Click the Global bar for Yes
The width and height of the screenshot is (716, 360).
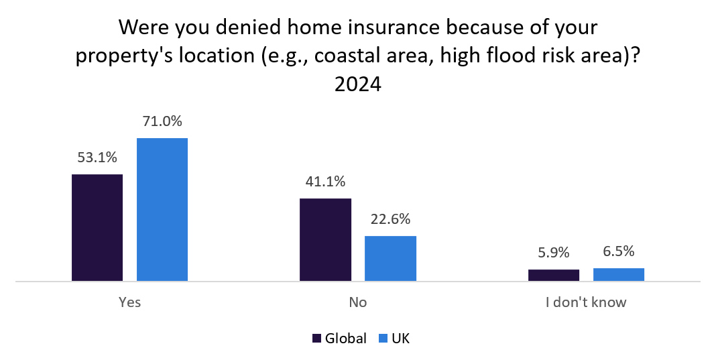97,227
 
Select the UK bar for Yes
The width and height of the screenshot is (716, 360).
162,209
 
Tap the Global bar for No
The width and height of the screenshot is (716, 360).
325,239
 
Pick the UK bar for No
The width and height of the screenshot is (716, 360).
390,258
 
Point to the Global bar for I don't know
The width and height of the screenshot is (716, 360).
554,275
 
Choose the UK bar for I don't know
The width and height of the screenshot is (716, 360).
619,274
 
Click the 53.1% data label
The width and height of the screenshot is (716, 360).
97,158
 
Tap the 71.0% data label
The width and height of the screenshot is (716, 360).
162,122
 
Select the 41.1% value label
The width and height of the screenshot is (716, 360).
325,182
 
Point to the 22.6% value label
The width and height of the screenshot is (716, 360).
390,219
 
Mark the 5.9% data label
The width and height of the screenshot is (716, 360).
554,253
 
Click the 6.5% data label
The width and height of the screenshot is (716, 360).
619,252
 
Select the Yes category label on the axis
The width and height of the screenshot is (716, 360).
129,302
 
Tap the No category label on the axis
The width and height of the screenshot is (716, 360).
358,302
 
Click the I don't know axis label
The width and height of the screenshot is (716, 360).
586,302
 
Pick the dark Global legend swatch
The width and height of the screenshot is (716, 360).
317,339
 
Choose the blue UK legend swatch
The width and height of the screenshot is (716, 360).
384,339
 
